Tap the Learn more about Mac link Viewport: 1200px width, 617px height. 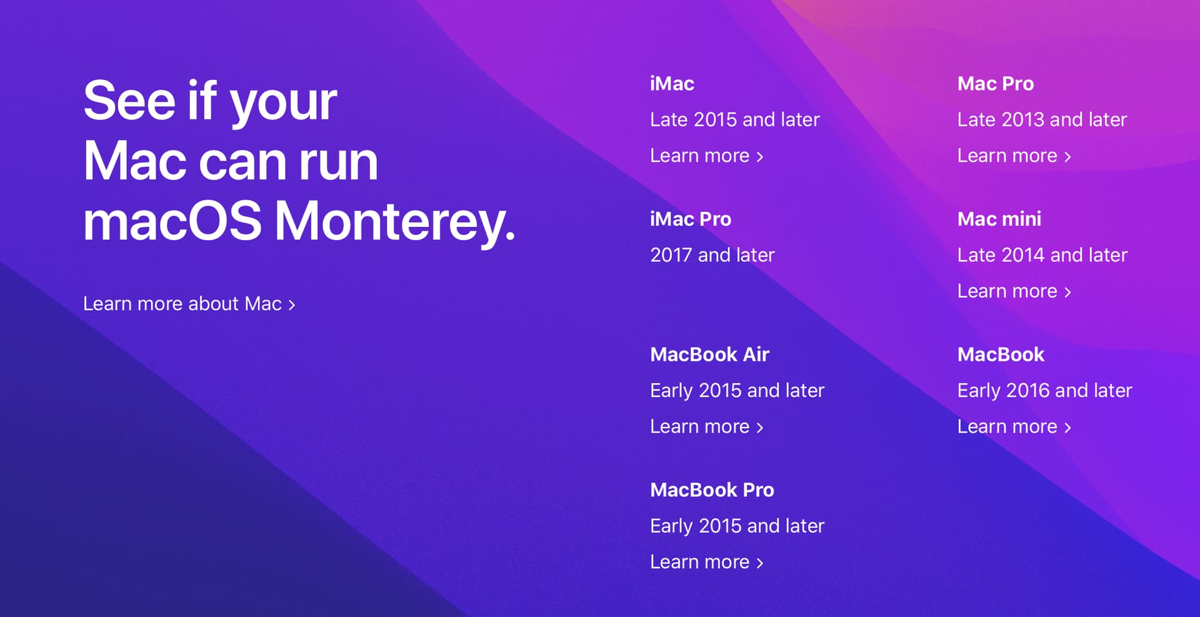(x=189, y=304)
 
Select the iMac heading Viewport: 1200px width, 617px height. (x=672, y=84)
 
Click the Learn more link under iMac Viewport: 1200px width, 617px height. (x=706, y=156)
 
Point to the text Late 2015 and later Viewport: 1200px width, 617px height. (x=735, y=119)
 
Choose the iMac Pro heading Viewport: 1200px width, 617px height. (x=691, y=219)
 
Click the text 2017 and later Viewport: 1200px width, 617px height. (x=712, y=255)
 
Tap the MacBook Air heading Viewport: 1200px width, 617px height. (x=710, y=354)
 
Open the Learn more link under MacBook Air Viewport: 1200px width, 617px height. (x=706, y=426)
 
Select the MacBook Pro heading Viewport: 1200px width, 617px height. (x=712, y=490)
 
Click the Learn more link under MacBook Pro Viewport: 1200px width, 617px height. (x=706, y=562)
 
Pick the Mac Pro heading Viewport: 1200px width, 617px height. (x=996, y=84)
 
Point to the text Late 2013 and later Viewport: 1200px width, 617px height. (x=1042, y=119)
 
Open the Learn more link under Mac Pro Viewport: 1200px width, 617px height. (x=1014, y=156)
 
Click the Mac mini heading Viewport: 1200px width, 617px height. (x=999, y=219)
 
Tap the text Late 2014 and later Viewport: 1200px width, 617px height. (x=1042, y=255)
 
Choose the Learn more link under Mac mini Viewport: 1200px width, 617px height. (x=1014, y=291)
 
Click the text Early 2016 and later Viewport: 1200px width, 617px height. (x=1045, y=391)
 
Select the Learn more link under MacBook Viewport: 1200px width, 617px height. (x=1014, y=426)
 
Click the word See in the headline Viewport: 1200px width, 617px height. (x=129, y=101)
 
